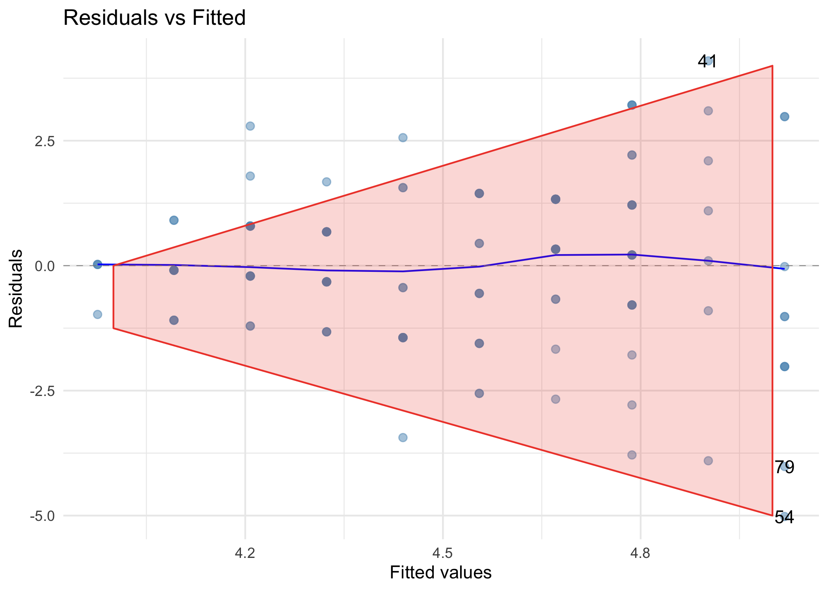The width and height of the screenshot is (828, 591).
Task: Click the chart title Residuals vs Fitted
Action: [154, 18]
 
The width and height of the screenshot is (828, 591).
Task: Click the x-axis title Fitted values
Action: [440, 572]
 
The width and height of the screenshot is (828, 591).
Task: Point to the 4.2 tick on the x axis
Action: [245, 554]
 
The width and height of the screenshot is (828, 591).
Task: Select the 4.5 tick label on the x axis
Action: [443, 554]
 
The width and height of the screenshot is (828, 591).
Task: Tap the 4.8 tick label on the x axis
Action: [640, 554]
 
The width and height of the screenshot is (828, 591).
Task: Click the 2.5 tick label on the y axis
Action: [45, 141]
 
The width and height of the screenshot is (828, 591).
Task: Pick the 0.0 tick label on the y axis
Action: [45, 266]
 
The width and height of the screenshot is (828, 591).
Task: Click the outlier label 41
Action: [707, 61]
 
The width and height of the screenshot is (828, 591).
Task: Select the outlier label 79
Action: [784, 467]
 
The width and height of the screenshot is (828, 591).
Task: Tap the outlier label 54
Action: [784, 517]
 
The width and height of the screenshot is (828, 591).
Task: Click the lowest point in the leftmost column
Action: [97, 314]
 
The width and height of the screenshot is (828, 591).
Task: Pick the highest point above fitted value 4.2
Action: [250, 126]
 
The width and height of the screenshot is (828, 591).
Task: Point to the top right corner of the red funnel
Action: [772, 66]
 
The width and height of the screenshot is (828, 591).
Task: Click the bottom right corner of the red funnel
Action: [772, 515]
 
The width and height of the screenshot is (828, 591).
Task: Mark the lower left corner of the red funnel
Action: [114, 328]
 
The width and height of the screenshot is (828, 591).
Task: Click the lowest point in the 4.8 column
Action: [632, 455]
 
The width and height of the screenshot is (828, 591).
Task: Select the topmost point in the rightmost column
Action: [785, 117]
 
